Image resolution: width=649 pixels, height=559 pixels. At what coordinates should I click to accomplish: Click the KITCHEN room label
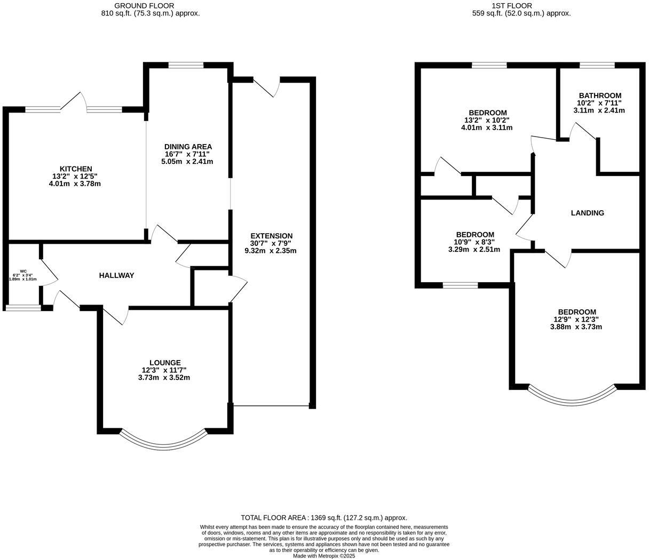(75, 169)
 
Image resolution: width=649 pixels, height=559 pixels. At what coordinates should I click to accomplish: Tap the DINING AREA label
(188, 147)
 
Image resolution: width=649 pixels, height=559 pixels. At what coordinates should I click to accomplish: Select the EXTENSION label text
(271, 236)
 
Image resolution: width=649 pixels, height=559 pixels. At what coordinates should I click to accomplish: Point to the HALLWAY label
(116, 275)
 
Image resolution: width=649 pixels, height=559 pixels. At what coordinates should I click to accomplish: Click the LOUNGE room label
(164, 363)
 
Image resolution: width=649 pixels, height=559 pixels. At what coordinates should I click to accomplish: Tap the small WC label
(23, 271)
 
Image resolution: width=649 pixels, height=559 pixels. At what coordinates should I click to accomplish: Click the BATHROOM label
(600, 95)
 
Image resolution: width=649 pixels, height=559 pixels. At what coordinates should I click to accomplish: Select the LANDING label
(587, 213)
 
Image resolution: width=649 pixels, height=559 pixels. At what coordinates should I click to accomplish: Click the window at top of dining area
(186, 66)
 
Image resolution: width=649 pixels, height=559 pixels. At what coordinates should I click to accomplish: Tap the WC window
(23, 307)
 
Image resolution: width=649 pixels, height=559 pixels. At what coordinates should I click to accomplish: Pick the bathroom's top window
(597, 66)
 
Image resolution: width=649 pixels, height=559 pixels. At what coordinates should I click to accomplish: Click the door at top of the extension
(267, 85)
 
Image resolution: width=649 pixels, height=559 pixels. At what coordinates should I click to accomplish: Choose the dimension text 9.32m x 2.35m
(271, 250)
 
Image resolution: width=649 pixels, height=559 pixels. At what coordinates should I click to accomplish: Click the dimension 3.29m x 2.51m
(474, 249)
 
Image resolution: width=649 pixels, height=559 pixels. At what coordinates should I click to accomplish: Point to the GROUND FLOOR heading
(150, 5)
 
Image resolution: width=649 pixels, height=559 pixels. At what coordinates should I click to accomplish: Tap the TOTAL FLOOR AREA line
(324, 517)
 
